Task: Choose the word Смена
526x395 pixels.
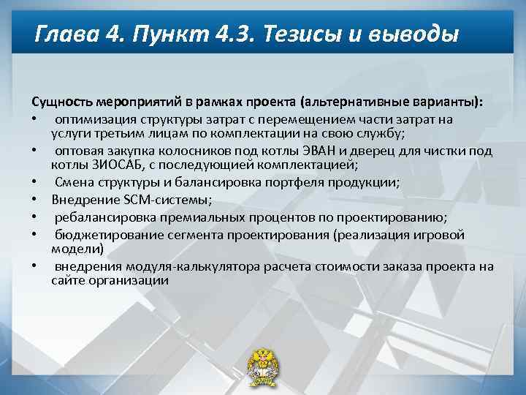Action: tap(72, 183)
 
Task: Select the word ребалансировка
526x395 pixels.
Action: tap(97, 217)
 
